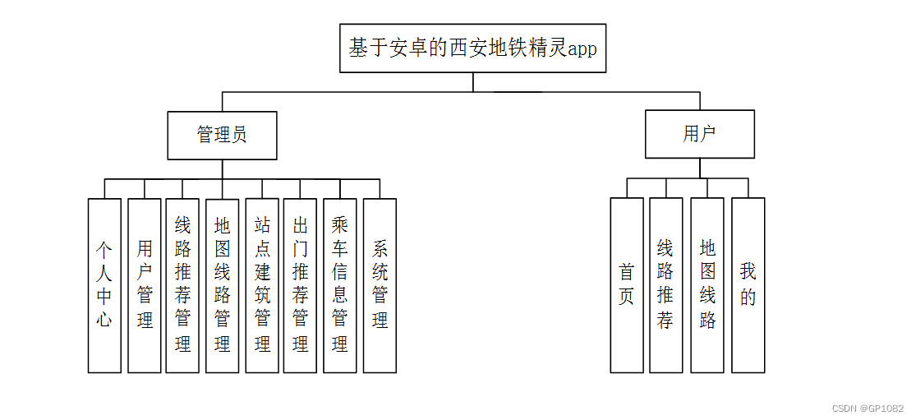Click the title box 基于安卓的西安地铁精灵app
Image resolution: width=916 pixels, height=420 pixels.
coord(472,48)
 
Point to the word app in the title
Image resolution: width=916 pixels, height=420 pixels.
coord(582,48)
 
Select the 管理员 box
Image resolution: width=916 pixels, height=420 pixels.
coord(222,136)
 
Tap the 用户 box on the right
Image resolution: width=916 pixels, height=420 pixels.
coord(699,135)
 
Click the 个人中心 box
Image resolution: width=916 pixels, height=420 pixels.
coord(104,285)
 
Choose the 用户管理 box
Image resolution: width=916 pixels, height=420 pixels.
coord(145,285)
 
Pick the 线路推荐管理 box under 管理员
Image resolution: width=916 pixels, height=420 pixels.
coord(182,285)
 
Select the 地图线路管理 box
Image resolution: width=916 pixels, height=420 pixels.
coord(222,285)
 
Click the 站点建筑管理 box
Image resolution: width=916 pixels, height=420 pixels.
coord(262,285)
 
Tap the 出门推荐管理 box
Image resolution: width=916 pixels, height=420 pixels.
coord(300,285)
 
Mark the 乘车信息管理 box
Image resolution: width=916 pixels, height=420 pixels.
coord(339,285)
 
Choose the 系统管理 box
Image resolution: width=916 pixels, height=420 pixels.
coord(380,285)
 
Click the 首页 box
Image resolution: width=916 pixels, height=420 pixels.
coord(626,284)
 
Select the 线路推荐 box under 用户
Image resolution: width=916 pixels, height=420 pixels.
coord(665,284)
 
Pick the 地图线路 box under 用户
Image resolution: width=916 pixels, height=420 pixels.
coord(707,284)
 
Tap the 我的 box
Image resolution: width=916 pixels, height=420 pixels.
coord(748,284)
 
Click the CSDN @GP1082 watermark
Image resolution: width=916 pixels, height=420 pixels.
coord(868,408)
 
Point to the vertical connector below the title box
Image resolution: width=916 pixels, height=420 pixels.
coord(473,82)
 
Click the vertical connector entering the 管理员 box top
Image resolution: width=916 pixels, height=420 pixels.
coord(222,102)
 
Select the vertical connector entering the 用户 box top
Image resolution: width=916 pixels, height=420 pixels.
coord(700,101)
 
